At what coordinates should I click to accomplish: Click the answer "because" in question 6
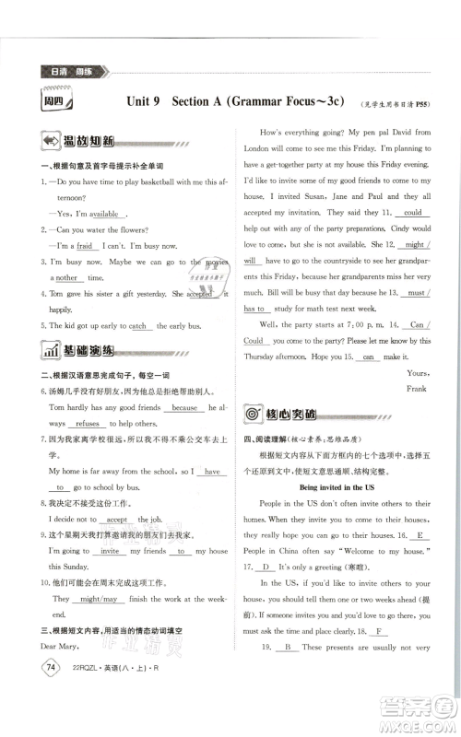coord(184,406)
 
